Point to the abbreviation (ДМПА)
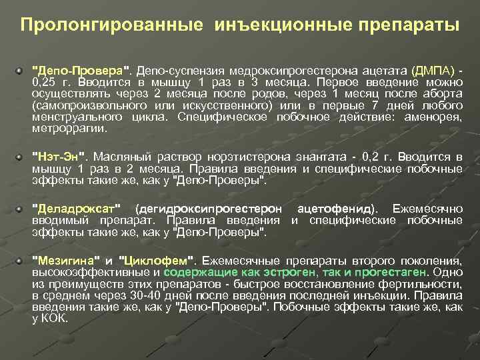[x=433, y=71]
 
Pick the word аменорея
[x=439, y=117]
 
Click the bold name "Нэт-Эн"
[x=60, y=157]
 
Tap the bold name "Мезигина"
[x=67, y=260]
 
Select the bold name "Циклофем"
[x=157, y=260]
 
